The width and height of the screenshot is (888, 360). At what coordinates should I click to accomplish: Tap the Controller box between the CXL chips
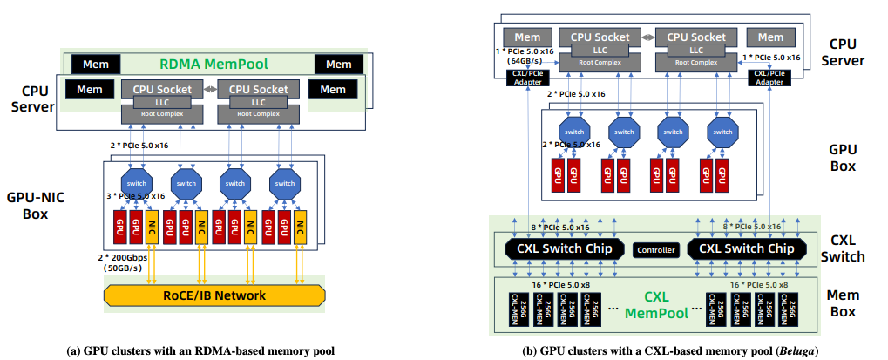pos(655,250)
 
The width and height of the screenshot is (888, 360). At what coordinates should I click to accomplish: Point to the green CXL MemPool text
pos(655,302)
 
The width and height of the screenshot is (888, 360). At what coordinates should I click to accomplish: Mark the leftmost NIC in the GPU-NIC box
pos(153,226)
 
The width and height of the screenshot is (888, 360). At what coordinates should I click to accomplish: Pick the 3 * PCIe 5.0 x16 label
pos(136,196)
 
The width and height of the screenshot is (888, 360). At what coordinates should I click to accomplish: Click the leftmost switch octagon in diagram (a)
pos(137,183)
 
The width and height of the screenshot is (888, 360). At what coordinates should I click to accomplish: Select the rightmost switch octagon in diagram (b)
pos(722,132)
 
